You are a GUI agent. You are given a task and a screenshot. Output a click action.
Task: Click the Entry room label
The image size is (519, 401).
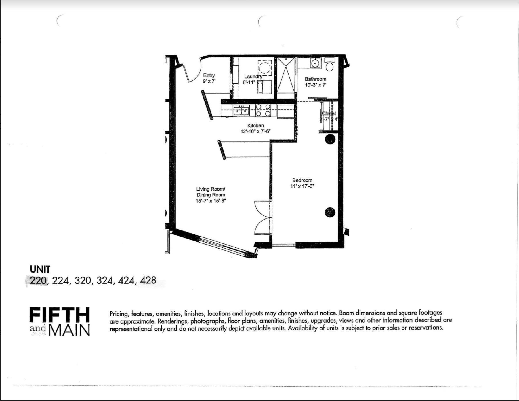pos(209,75)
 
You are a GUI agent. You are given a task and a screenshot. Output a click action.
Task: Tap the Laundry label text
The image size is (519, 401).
pos(253,77)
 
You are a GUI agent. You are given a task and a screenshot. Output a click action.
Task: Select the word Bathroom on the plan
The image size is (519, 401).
pos(315,79)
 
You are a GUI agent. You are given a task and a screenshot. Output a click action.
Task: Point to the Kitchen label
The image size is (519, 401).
pos(255,126)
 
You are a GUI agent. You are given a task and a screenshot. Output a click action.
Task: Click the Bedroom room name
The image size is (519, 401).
pos(302,180)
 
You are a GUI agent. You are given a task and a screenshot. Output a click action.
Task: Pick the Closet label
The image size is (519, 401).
pos(329,114)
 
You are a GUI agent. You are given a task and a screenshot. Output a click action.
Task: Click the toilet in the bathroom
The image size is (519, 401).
pos(329,65)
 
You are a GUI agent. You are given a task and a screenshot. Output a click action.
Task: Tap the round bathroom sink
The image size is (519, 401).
pos(316,63)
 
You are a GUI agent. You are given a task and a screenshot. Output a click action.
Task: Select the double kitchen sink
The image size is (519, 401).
pos(241,111)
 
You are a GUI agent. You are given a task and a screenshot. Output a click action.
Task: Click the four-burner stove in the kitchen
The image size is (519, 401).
pos(263,110)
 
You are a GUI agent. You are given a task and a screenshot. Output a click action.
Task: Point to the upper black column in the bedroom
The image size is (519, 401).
pos(330,139)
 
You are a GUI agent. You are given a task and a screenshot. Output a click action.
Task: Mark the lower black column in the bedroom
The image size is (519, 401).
pos(330,212)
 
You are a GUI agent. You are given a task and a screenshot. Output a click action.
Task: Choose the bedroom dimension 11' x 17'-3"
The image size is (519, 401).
pos(302,186)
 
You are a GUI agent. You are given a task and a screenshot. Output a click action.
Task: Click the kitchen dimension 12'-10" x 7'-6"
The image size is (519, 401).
pos(255,132)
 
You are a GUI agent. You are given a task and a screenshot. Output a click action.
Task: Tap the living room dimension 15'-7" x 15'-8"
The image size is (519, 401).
pos(211,201)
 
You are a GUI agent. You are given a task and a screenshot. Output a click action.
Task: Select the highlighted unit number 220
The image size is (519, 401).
pos(38,280)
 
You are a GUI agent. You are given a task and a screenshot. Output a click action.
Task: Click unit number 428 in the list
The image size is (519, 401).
pos(148,280)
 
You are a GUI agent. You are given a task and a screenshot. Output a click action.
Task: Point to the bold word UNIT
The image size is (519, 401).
pos(40,269)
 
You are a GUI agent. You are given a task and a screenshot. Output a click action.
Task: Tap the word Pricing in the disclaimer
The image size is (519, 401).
pos(119,313)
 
